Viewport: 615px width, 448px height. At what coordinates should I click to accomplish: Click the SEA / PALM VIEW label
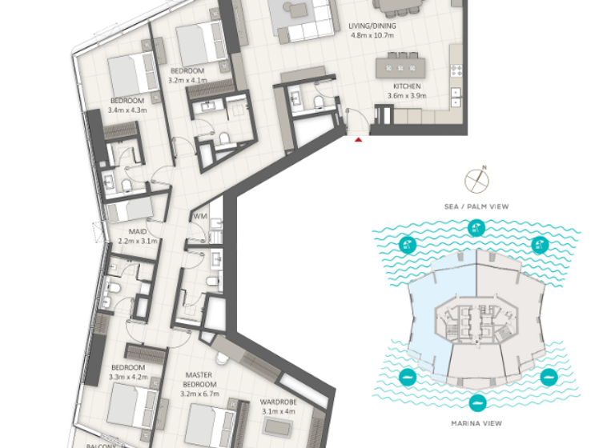pos(476,206)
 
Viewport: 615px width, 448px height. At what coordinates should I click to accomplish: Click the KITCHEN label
pos(407,86)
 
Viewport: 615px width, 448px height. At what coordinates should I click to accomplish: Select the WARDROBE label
pos(278,402)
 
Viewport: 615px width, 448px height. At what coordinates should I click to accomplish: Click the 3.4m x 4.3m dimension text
pos(127,110)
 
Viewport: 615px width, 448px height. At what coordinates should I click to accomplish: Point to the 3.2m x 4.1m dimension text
pos(188,80)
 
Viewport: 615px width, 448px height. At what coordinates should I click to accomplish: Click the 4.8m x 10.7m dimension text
pos(373,35)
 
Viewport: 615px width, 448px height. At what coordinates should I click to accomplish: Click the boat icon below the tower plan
pos(478,402)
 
